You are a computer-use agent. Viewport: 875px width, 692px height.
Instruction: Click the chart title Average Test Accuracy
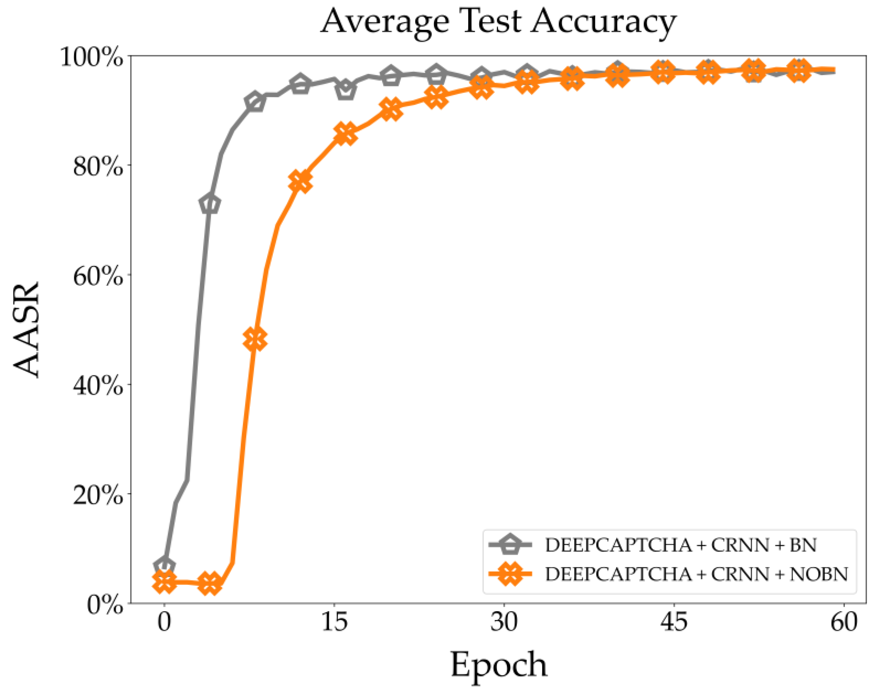coord(498,22)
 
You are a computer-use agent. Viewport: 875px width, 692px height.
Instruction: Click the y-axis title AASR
coord(27,330)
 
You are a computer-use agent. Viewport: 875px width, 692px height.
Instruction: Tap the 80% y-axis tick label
coord(98,166)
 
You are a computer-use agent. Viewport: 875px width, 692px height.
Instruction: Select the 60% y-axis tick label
coord(98,276)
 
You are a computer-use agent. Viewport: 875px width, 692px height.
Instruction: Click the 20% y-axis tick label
coord(98,495)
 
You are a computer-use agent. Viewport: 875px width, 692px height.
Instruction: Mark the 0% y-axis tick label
coord(105,605)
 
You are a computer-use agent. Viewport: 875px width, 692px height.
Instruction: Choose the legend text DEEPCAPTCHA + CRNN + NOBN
coord(696,574)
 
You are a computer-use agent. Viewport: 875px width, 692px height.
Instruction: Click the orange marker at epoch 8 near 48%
coord(255,339)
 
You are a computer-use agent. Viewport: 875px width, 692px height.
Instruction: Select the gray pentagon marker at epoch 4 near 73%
coord(210,204)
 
